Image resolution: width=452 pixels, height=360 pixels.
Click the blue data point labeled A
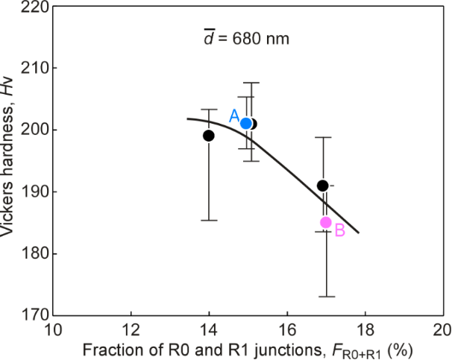coord(246,123)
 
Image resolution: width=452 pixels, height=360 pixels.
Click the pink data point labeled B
coord(326,222)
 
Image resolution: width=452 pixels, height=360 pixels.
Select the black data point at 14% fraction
coord(209,136)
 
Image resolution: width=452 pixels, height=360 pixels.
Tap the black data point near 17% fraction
coord(322,186)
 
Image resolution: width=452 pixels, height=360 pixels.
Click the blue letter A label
coord(233,116)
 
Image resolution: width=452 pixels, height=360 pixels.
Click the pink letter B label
coord(339,230)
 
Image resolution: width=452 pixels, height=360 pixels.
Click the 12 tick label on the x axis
coord(131,329)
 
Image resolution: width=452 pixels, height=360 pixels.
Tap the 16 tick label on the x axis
coord(287,329)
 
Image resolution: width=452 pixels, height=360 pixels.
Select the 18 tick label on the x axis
coord(365,329)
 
